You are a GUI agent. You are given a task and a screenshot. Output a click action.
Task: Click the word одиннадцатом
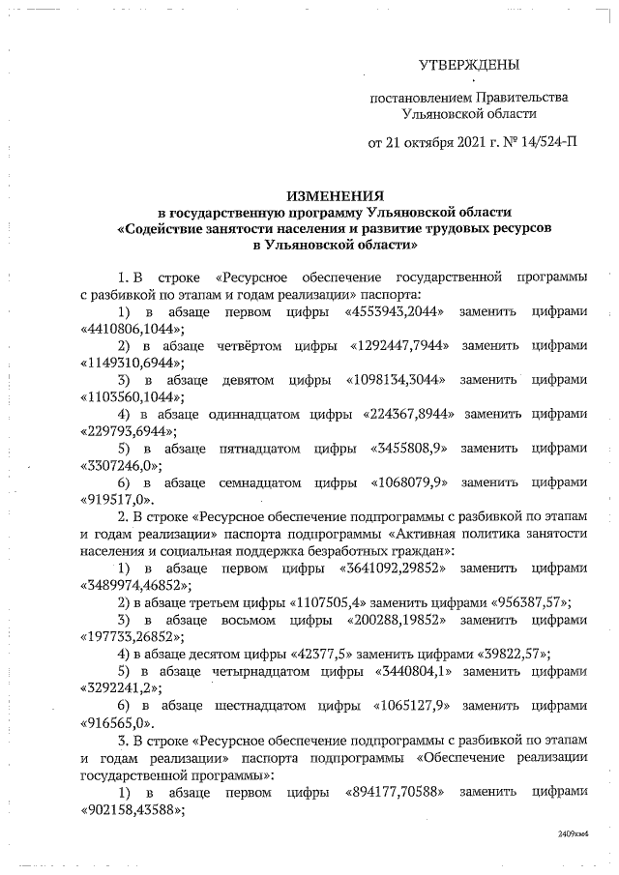point(257,414)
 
